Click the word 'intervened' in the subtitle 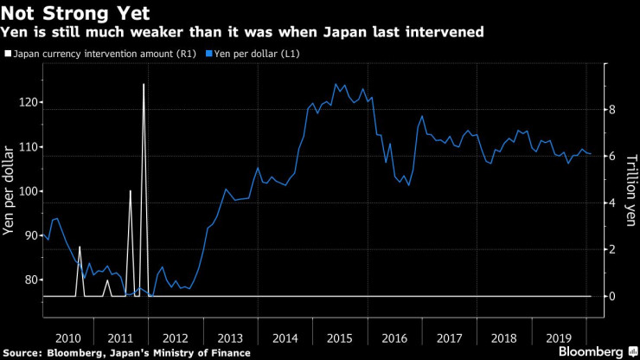pos(450,33)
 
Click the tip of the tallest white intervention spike pos(144,84)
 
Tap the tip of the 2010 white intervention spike pos(80,247)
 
